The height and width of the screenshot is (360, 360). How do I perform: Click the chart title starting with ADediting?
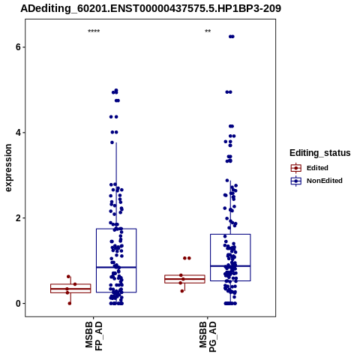[x=151, y=8]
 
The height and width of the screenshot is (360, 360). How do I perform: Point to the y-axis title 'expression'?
[x=8, y=168]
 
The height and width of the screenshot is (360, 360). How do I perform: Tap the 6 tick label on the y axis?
[x=18, y=47]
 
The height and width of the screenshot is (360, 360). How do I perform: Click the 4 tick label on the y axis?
[x=18, y=133]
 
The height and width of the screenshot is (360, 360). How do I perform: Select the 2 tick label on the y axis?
[x=18, y=218]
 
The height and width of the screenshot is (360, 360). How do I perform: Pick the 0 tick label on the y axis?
[x=18, y=304]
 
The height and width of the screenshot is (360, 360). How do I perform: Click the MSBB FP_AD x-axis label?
[x=94, y=336]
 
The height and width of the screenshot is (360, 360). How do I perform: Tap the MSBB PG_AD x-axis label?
[x=208, y=337]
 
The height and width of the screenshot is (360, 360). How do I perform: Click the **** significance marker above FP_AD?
[x=94, y=31]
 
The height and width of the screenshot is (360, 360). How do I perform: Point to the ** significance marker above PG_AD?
[x=208, y=31]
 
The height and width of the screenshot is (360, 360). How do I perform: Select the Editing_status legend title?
[x=320, y=153]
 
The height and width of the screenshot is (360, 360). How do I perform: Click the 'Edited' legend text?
[x=317, y=168]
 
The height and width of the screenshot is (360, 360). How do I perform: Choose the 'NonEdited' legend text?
[x=325, y=181]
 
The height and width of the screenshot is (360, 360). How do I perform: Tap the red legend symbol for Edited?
[x=296, y=168]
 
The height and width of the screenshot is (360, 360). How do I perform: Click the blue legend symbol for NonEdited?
[x=296, y=181]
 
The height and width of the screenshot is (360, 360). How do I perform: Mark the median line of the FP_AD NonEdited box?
[x=116, y=267]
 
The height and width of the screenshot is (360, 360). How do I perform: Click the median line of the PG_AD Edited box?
[x=184, y=279]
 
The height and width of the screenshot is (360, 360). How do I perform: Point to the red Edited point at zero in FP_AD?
[x=70, y=304]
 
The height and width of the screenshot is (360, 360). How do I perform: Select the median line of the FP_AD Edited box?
[x=70, y=289]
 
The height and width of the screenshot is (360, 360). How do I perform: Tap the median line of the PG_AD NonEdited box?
[x=230, y=266]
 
